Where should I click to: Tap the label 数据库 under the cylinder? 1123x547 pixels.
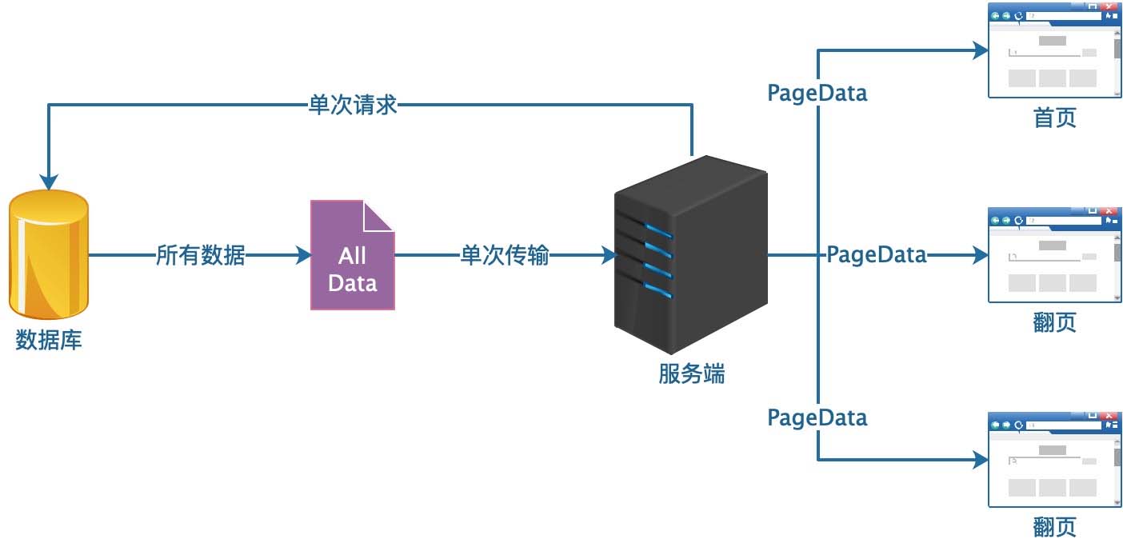49,340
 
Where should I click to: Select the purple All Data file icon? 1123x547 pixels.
352,256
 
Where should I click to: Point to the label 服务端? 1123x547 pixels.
692,373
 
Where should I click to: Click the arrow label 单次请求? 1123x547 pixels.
353,105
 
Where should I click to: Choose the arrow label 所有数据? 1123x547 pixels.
200,256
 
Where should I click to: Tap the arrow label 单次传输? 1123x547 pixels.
505,256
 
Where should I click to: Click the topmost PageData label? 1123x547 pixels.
817,93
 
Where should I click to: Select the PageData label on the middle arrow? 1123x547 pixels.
876,255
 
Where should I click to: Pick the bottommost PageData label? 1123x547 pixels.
817,417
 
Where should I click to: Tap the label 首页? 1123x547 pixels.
1054,118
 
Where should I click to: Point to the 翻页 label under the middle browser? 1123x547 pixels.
1054,322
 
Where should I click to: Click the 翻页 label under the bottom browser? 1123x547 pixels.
1054,526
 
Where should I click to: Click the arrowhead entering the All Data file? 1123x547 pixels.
304,256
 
